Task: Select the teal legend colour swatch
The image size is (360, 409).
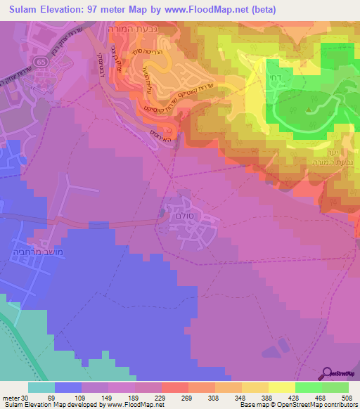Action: click(x=41, y=387)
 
